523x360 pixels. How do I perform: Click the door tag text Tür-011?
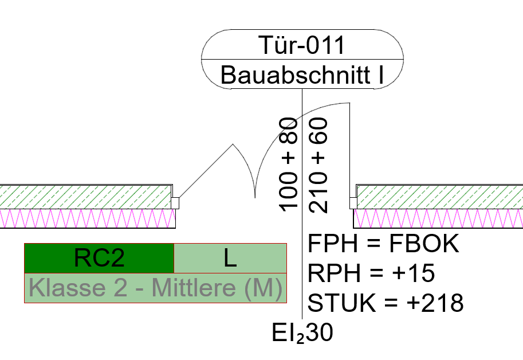[x=302, y=45]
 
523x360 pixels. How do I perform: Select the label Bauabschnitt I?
[x=302, y=75]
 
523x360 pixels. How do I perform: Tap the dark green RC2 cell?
[x=99, y=259]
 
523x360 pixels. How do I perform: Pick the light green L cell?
[x=230, y=259]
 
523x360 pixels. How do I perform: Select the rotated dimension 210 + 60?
[x=318, y=165]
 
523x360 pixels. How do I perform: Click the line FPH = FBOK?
[x=384, y=244]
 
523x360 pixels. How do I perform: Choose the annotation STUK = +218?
[x=386, y=302]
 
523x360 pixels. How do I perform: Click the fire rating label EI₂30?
[x=303, y=333]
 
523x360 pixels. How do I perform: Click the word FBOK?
[x=424, y=244]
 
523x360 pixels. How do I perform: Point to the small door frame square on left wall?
[x=175, y=203]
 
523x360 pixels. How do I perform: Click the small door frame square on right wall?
[x=353, y=203]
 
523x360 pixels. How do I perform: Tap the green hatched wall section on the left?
[x=86, y=197]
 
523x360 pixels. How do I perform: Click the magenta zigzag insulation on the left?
[x=86, y=218]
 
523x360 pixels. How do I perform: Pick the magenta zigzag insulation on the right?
[x=438, y=218]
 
